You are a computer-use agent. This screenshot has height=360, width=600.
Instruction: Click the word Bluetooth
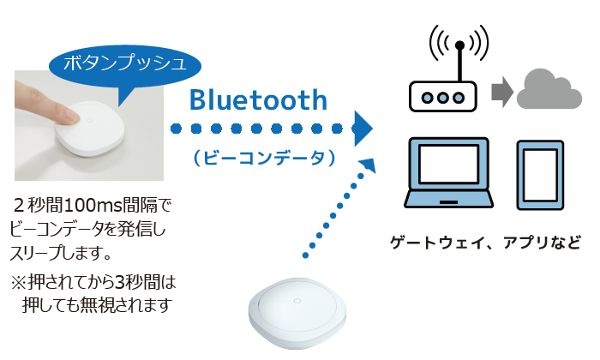pyautogui.click(x=258, y=99)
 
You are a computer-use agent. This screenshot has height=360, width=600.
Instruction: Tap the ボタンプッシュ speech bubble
pyautogui.click(x=125, y=66)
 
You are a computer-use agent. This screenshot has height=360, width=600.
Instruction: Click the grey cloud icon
pyautogui.click(x=549, y=89)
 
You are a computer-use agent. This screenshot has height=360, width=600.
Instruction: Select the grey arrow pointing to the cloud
pyautogui.click(x=502, y=92)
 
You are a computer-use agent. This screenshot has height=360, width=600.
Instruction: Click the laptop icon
pyautogui.click(x=448, y=173)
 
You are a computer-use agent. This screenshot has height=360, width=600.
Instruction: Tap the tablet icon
pyautogui.click(x=540, y=175)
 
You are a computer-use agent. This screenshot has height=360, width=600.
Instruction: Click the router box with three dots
pyautogui.click(x=443, y=96)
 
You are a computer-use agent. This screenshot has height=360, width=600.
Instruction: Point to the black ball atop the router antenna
pyautogui.click(x=460, y=45)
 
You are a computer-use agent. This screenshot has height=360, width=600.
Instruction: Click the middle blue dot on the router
pyautogui.click(x=443, y=98)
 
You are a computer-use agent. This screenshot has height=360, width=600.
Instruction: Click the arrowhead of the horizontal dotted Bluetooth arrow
pyautogui.click(x=363, y=129)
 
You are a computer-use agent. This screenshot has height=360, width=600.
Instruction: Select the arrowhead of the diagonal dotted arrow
pyautogui.click(x=369, y=165)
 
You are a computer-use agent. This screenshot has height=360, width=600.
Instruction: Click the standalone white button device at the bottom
pyautogui.click(x=297, y=313)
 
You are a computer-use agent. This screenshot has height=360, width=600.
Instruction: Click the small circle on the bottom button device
pyautogui.click(x=297, y=301)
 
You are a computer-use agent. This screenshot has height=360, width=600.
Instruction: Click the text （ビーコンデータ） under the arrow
pyautogui.click(x=264, y=158)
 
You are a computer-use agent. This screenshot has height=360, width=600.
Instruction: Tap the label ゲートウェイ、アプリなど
pyautogui.click(x=485, y=243)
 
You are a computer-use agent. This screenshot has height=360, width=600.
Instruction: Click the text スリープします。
pyautogui.click(x=61, y=253)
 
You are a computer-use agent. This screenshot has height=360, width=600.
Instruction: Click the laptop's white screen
pyautogui.click(x=448, y=164)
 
